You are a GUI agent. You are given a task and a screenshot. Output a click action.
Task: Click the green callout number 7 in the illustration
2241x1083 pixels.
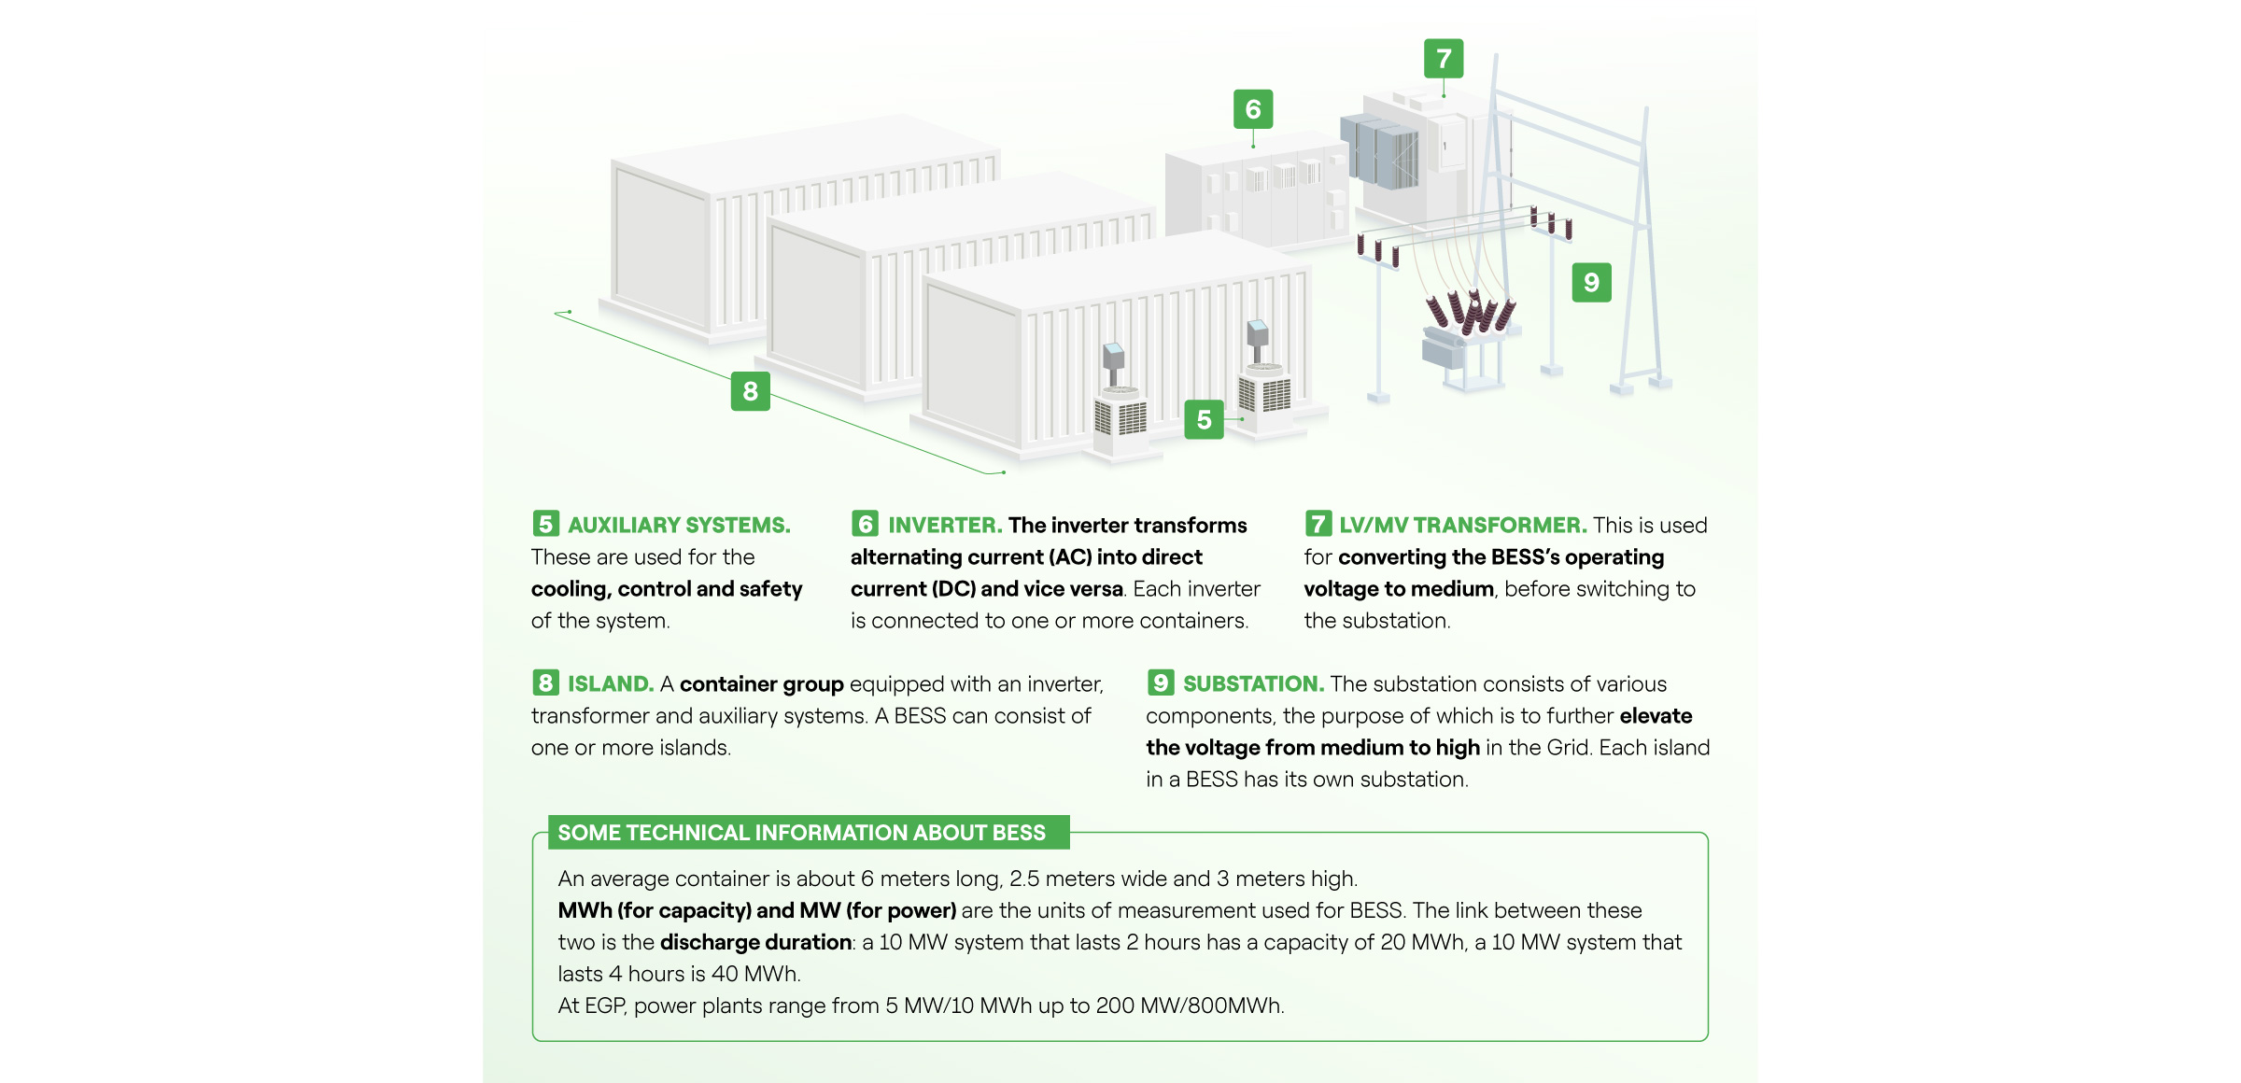click(x=1444, y=59)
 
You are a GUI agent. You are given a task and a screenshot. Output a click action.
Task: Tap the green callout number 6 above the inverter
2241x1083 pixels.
click(x=1253, y=109)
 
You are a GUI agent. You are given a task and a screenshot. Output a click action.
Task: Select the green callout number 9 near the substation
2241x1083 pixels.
click(x=1591, y=282)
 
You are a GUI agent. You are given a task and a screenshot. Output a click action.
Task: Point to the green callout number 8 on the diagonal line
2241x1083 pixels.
click(x=750, y=391)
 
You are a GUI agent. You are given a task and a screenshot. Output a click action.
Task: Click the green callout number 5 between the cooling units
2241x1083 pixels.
click(x=1204, y=419)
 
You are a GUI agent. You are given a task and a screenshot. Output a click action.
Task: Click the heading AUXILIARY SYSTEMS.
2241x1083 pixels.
click(x=679, y=525)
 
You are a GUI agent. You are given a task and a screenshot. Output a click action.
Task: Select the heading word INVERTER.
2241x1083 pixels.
click(x=945, y=525)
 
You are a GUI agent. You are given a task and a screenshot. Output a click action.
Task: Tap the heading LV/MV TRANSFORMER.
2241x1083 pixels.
click(x=1462, y=525)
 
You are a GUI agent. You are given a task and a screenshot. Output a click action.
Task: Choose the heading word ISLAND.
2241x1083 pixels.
click(x=611, y=683)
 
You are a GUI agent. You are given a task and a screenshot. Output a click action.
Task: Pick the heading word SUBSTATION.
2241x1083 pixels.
click(x=1253, y=683)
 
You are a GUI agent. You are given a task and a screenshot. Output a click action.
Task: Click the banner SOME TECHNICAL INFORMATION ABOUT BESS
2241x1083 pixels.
click(x=801, y=832)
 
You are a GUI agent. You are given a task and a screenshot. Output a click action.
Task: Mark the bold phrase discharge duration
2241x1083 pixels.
click(x=755, y=942)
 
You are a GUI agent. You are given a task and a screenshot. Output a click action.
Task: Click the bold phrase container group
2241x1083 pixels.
click(x=761, y=683)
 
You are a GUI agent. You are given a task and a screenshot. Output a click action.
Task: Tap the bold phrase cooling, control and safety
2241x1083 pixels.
click(x=667, y=588)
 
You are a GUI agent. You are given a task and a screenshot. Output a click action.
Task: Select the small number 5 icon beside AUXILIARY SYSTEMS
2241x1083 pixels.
click(x=545, y=524)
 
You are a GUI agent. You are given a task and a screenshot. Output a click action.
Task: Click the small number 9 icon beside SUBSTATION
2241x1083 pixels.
click(x=1161, y=682)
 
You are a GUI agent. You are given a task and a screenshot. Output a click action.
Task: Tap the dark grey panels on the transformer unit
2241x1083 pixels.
click(x=1380, y=151)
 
